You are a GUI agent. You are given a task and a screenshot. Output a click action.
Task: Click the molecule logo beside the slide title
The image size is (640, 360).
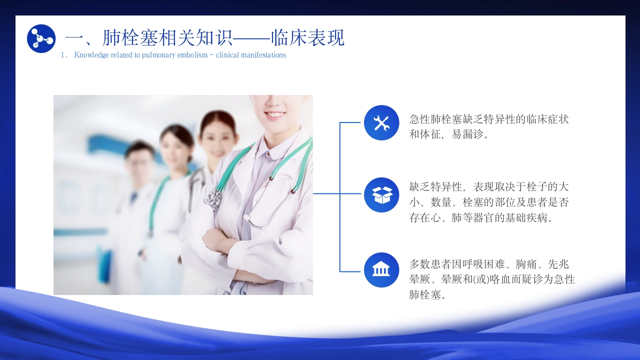[x=41, y=38]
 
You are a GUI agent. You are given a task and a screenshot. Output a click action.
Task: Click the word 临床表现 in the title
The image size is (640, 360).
[x=307, y=37]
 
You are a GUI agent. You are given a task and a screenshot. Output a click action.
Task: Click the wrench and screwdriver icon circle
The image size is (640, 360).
[x=381, y=122]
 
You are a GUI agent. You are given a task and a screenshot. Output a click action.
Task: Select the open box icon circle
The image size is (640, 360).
[x=381, y=195]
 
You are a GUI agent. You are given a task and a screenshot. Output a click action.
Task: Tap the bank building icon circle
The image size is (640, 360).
[x=381, y=269]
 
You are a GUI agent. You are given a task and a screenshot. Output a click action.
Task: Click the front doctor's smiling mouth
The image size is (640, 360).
[x=274, y=115]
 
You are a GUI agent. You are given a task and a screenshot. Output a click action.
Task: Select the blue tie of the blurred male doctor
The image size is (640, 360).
[x=133, y=197]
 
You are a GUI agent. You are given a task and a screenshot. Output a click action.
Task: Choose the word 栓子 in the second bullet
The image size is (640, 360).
[x=536, y=187]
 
